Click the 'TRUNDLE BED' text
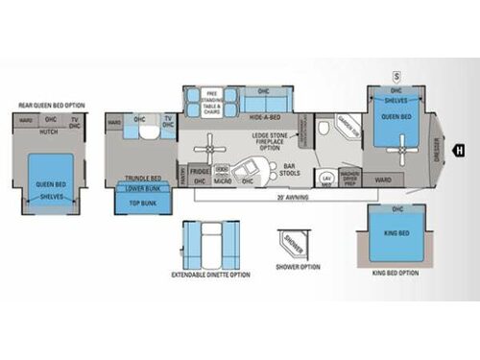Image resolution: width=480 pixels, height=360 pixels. pyautogui.click(x=142, y=177)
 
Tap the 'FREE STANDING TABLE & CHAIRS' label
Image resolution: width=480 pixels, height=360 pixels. pyautogui.click(x=212, y=98)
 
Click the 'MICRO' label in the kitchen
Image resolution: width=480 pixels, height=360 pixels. pyautogui.click(x=222, y=179)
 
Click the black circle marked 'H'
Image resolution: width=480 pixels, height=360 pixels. pyautogui.click(x=459, y=149)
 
